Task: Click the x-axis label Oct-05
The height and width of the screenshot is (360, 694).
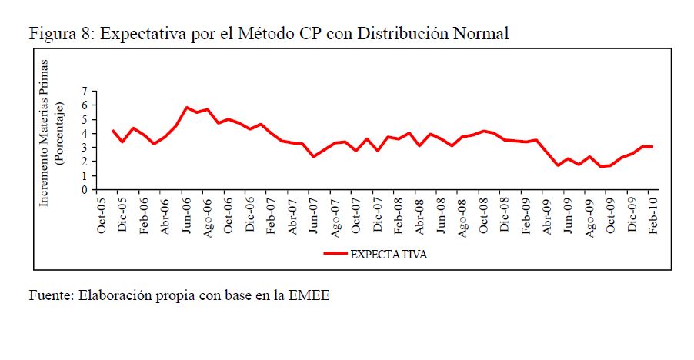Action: (x=102, y=217)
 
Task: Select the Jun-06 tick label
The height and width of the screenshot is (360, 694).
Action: (x=187, y=217)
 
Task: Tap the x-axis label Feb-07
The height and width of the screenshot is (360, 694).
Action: (x=272, y=217)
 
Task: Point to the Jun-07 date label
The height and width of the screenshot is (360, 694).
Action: (x=314, y=217)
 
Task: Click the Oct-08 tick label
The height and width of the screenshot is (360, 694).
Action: (x=483, y=217)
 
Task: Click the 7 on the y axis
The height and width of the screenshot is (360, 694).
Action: (x=85, y=92)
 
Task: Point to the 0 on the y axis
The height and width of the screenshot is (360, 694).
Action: (x=85, y=189)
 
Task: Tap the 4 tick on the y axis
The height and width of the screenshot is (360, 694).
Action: (x=85, y=133)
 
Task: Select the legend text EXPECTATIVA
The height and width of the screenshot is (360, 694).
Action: (x=389, y=253)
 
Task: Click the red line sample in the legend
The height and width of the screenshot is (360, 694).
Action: (x=335, y=253)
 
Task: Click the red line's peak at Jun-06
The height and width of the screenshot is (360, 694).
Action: (x=187, y=108)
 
